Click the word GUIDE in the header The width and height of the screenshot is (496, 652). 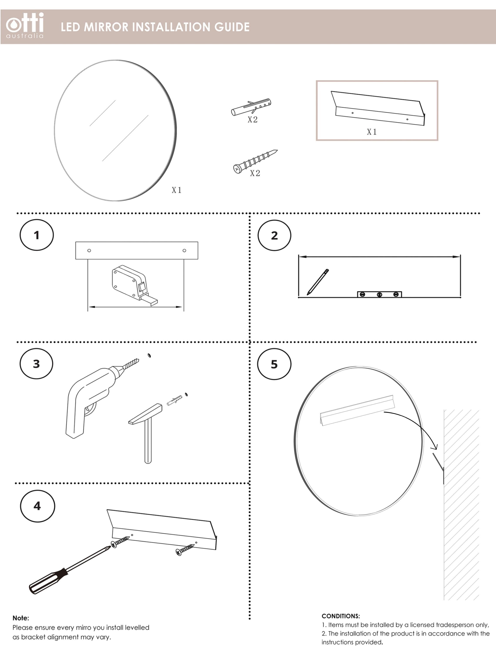(232, 27)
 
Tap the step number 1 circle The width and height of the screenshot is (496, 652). (37, 235)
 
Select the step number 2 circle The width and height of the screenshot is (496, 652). (274, 235)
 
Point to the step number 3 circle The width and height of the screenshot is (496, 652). (36, 364)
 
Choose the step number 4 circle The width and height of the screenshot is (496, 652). (37, 506)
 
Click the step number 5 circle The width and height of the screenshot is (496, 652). (274, 364)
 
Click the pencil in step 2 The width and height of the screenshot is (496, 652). (317, 282)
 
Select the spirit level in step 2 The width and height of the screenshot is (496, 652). (379, 294)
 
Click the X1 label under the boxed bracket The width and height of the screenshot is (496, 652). (372, 132)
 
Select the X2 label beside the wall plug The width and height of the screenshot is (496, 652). (252, 119)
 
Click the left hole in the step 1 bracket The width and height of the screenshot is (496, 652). (89, 250)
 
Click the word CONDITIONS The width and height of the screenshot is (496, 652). (341, 616)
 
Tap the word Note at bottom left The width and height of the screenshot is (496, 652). (21, 618)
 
